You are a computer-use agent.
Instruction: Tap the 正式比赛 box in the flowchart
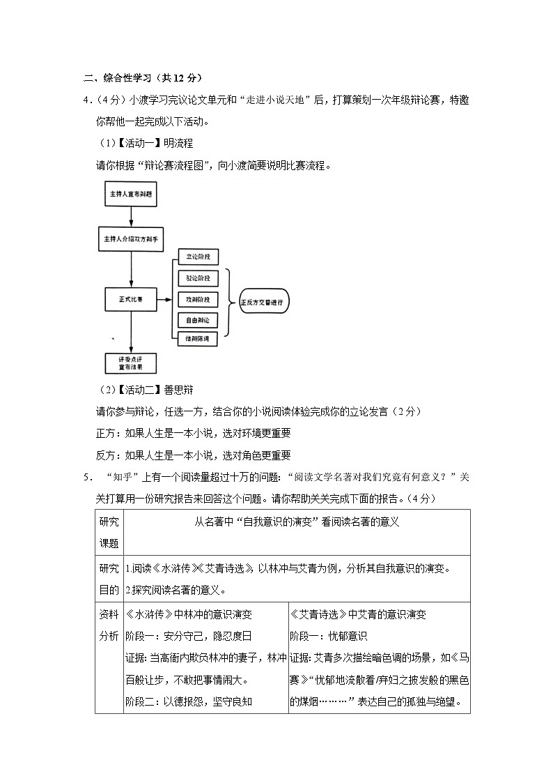[130, 300]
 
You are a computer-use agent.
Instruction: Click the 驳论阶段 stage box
[198, 278]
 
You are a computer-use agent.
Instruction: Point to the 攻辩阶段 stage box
[198, 299]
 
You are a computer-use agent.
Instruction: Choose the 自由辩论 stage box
[198, 320]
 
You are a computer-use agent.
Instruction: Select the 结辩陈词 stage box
[198, 339]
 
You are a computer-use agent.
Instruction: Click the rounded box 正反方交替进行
[263, 302]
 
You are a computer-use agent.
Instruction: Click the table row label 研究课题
[109, 533]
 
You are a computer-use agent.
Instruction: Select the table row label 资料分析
[109, 625]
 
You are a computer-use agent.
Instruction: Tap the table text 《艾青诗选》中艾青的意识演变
[358, 615]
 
